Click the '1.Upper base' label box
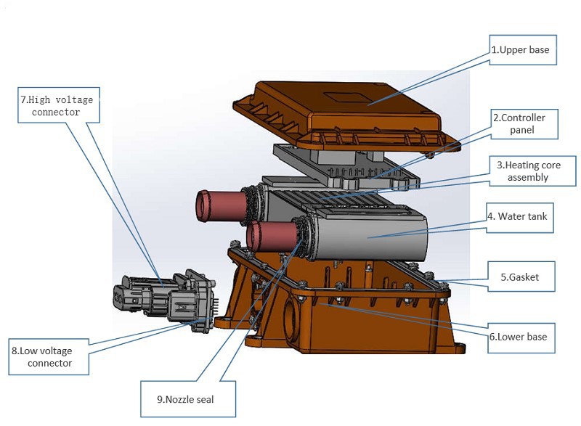(524, 52)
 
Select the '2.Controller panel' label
(524, 124)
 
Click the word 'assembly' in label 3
(527, 178)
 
